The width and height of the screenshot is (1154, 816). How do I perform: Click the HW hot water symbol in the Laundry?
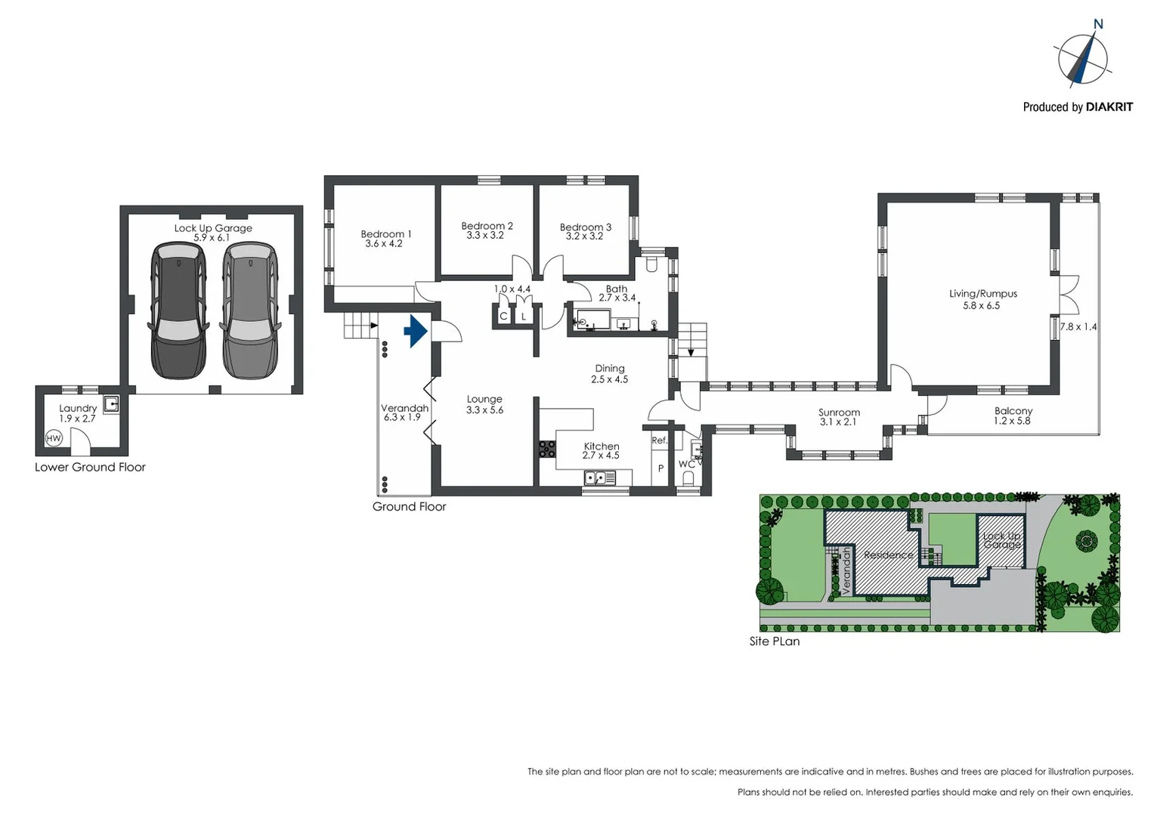(x=54, y=438)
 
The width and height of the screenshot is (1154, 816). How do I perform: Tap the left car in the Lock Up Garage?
(x=178, y=310)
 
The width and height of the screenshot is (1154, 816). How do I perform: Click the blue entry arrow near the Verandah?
(x=416, y=331)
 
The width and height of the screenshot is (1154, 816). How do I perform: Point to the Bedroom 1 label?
(x=385, y=234)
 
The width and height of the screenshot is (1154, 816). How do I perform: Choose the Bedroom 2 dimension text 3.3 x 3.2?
(x=484, y=236)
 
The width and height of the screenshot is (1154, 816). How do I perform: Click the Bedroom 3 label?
(x=585, y=227)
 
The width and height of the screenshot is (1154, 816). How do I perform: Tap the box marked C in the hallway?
(x=503, y=317)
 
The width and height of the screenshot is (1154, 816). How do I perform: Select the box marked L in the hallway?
(x=524, y=317)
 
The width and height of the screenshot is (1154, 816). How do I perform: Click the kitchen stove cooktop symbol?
(x=547, y=449)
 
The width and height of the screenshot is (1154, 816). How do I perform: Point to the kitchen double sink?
(x=599, y=478)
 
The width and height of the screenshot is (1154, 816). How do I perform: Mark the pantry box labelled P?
(x=661, y=468)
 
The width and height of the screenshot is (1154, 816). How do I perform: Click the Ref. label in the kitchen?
(x=660, y=440)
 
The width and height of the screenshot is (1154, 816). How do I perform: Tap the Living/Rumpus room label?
(x=982, y=293)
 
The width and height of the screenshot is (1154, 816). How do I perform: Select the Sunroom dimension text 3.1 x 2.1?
(x=839, y=422)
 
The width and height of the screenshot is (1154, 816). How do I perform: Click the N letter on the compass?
(x=1098, y=24)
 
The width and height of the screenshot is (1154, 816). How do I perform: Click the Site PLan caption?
(x=774, y=641)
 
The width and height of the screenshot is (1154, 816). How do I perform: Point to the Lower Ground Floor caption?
(x=90, y=467)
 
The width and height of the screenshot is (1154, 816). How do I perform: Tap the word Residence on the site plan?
(x=888, y=555)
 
